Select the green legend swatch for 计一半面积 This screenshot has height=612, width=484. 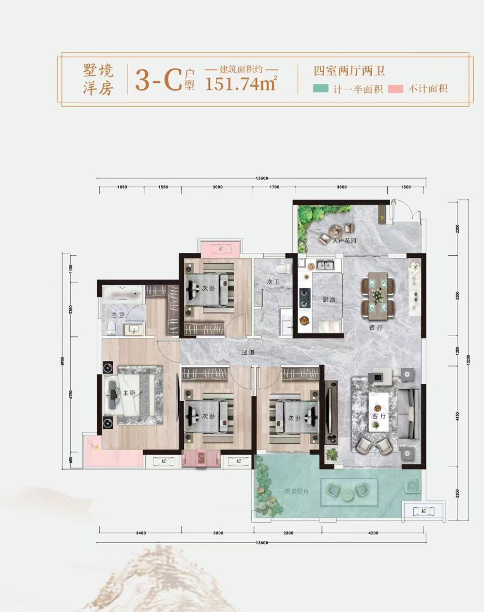point(321,89)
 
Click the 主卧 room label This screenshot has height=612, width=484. point(128,393)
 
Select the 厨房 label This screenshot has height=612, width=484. point(329,299)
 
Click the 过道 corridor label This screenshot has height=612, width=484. point(248,352)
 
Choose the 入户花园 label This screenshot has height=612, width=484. point(344,240)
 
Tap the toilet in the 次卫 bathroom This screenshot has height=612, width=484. point(280,269)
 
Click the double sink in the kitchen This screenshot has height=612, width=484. point(326,265)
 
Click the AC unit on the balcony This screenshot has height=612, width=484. point(423,511)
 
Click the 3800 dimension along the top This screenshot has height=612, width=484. point(342,187)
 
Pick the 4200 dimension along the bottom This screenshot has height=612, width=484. point(373,533)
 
